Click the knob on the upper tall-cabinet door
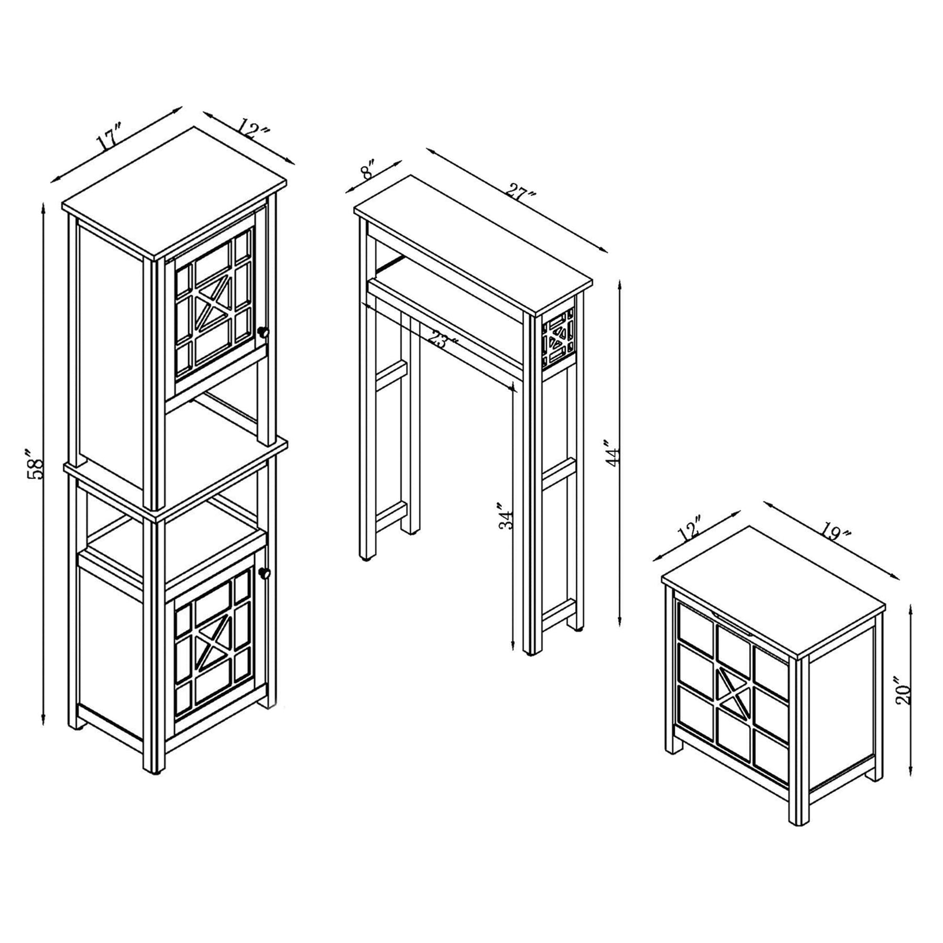pyautogui.click(x=263, y=332)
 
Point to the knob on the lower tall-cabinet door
pyautogui.click(x=265, y=573)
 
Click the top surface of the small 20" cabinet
pyautogui.click(x=773, y=590)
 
